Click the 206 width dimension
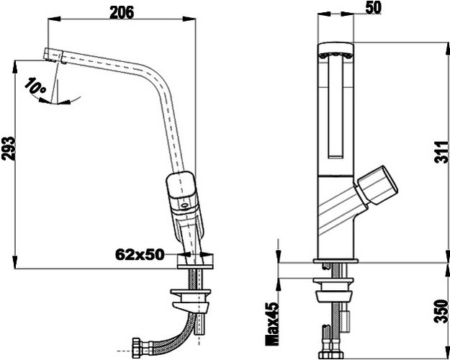tap(122, 13)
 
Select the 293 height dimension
tap(9, 148)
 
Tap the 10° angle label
tap(35, 86)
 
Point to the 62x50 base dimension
tap(140, 254)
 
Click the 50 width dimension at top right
tap(374, 8)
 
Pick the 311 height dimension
tap(441, 153)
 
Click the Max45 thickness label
tap(271, 323)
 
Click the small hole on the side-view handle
tap(185, 205)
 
